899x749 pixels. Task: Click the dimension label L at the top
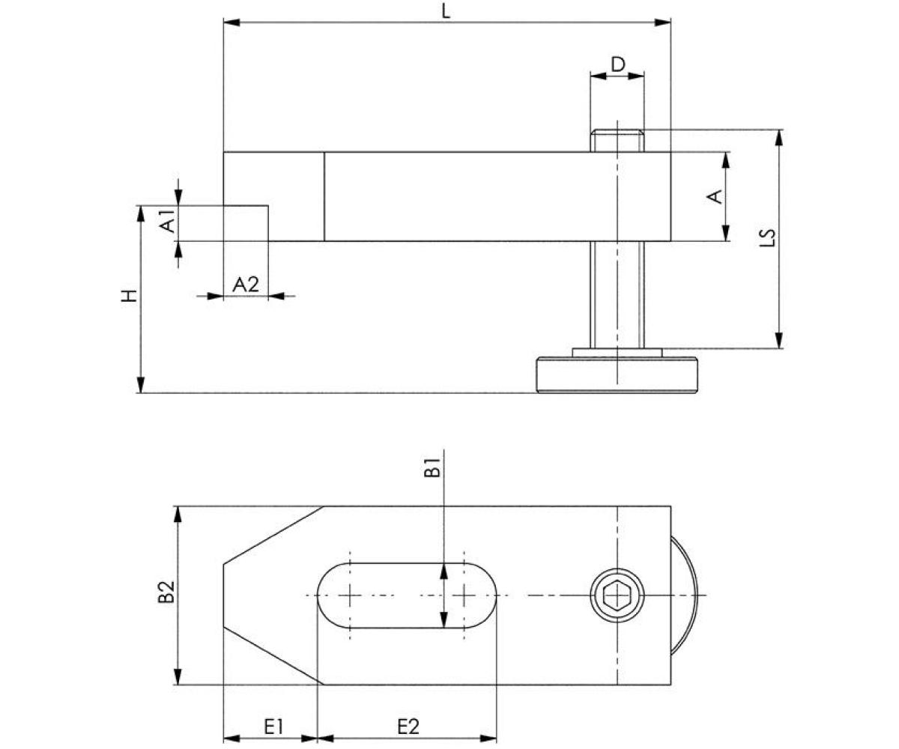pos(447,12)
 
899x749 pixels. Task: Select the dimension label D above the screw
pos(617,64)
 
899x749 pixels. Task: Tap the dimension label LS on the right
pos(766,237)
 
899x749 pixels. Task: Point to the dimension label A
pos(715,196)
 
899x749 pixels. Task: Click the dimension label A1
pos(169,222)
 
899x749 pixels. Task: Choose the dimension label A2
pos(245,284)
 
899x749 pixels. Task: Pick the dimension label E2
pos(408,726)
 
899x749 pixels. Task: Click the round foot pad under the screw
pos(617,375)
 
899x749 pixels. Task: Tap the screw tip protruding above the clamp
pos(617,140)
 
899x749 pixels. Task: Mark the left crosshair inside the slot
pos(350,595)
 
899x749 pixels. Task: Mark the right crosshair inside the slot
pos(464,595)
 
